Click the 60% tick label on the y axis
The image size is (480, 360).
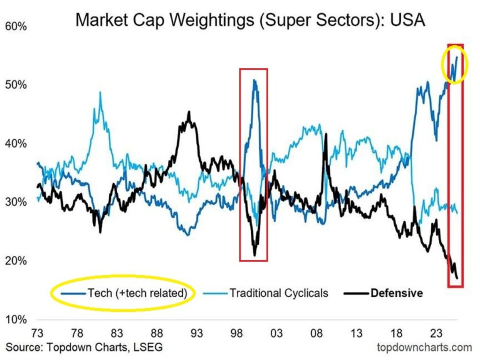point(16,27)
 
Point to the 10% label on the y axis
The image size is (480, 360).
point(16,320)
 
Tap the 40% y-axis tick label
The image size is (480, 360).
point(16,144)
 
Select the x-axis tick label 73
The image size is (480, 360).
point(37,334)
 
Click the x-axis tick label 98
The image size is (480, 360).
point(237,334)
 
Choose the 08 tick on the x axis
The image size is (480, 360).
point(316,334)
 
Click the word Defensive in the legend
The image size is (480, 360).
point(397,293)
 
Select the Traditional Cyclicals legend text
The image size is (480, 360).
point(278,293)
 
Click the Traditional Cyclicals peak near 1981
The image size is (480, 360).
point(100,92)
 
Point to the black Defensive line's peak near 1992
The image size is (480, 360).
point(189,112)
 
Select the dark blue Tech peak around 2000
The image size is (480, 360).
point(254,81)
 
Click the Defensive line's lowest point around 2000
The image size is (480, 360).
point(255,255)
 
